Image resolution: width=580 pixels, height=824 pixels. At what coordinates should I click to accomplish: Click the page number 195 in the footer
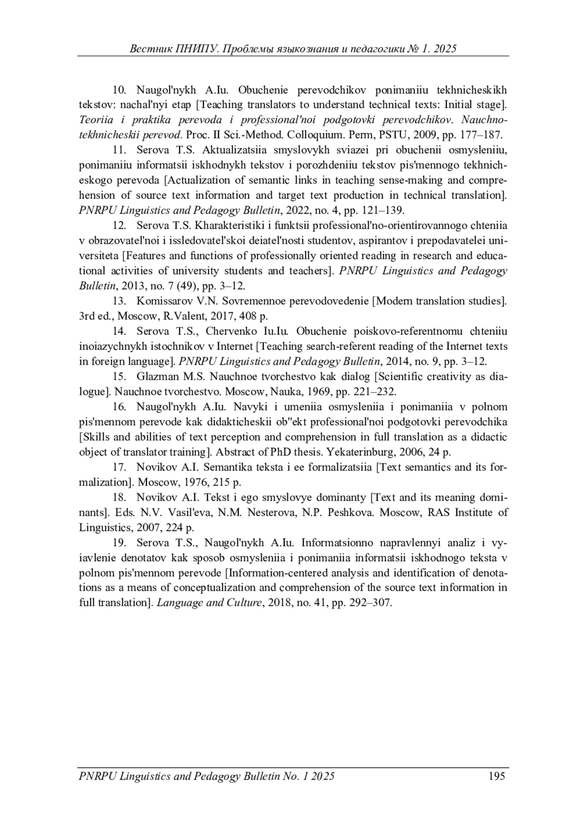point(497,776)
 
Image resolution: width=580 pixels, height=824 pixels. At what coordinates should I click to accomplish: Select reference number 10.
point(119,90)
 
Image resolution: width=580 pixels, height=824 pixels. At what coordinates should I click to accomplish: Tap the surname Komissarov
point(162,301)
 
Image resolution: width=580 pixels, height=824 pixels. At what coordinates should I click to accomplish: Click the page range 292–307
point(369,603)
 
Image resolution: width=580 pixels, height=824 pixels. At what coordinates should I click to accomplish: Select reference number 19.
point(119,542)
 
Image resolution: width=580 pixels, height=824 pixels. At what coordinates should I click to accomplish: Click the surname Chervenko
point(230,331)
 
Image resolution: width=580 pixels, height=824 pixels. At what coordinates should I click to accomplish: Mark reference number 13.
point(119,301)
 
